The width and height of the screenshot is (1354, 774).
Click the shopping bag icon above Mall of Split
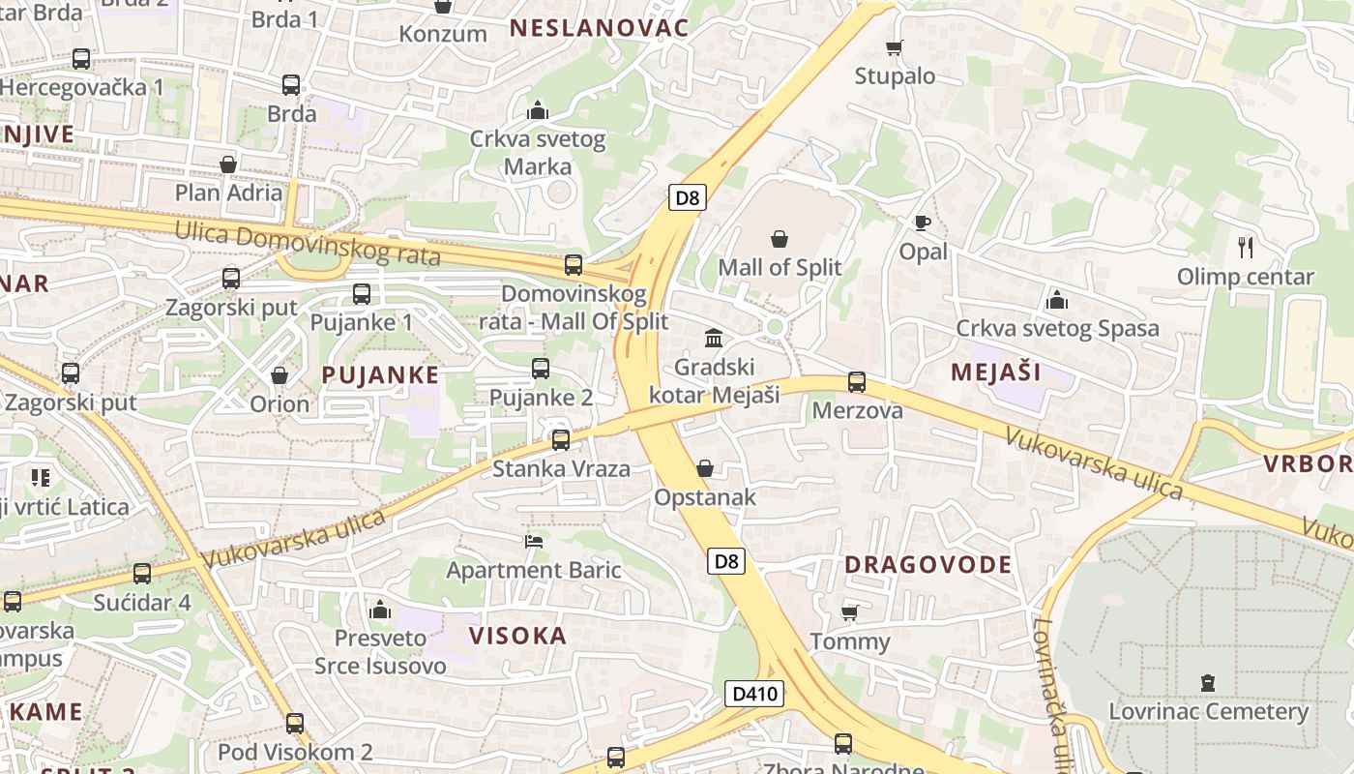pyautogui.click(x=780, y=239)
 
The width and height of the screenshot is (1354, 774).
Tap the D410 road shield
pyautogui.click(x=753, y=693)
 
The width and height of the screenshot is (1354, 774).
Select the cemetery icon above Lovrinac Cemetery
pyautogui.click(x=1207, y=683)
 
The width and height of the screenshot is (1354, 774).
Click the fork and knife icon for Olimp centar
pyautogui.click(x=1246, y=248)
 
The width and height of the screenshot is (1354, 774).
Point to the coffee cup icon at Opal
pyautogui.click(x=923, y=223)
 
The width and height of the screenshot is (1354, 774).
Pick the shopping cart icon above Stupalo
pyautogui.click(x=895, y=47)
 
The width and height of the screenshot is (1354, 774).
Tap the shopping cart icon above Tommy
pyautogui.click(x=849, y=612)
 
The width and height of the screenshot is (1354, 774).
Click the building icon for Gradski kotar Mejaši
pyautogui.click(x=714, y=339)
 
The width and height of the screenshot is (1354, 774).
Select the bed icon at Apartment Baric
pyautogui.click(x=533, y=541)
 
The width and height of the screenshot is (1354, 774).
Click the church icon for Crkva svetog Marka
pyautogui.click(x=537, y=110)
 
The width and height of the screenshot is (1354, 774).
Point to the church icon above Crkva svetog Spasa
pyautogui.click(x=1056, y=300)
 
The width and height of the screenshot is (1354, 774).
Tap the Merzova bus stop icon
pyautogui.click(x=857, y=382)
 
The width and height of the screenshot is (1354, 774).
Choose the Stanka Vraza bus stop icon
pyautogui.click(x=560, y=440)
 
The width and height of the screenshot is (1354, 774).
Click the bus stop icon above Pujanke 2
pyautogui.click(x=541, y=369)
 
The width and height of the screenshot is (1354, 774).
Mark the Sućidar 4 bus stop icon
pyautogui.click(x=142, y=574)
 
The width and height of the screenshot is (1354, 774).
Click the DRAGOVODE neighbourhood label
pyautogui.click(x=927, y=565)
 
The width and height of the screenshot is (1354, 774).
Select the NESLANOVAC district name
pyautogui.click(x=599, y=28)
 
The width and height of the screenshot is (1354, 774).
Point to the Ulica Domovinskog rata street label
pyautogui.click(x=308, y=243)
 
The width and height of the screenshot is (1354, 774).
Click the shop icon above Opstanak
pyautogui.click(x=705, y=468)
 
